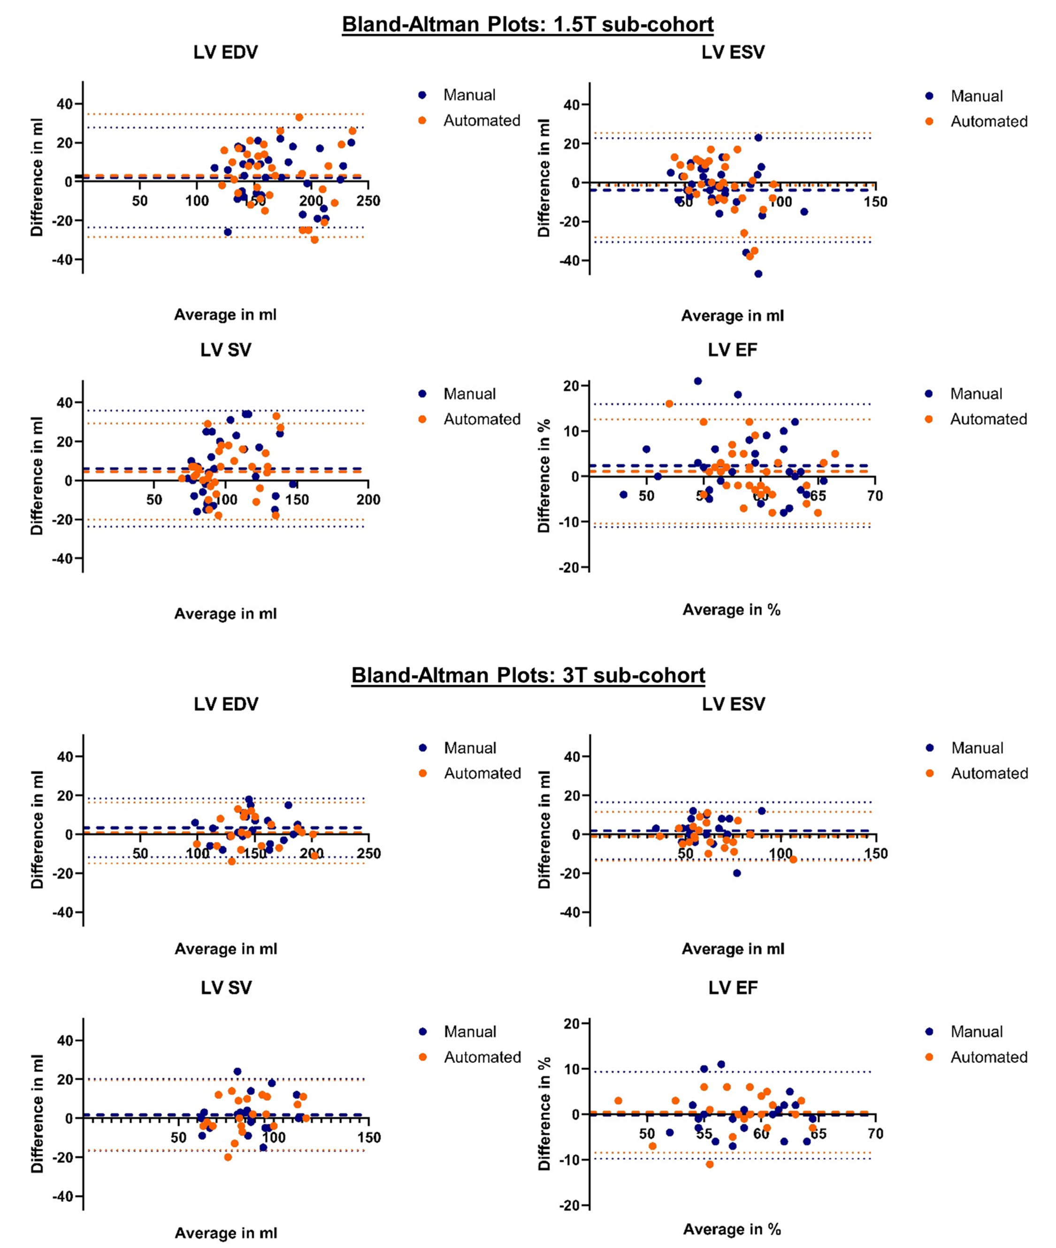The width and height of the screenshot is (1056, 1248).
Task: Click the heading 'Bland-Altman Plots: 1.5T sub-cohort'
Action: [x=528, y=24]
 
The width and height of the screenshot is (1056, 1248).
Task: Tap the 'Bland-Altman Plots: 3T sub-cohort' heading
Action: [x=528, y=675]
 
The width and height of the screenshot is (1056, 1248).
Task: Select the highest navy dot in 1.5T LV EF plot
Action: [x=697, y=381]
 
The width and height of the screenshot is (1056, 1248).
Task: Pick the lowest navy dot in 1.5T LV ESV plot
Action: [x=758, y=274]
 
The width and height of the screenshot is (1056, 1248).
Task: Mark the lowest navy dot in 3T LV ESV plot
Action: [x=737, y=873]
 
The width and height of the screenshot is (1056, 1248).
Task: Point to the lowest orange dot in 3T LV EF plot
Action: [x=709, y=1164]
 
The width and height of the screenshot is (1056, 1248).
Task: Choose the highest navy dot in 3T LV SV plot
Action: [x=237, y=1071]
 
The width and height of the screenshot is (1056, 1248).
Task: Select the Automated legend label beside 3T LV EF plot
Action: [x=989, y=1057]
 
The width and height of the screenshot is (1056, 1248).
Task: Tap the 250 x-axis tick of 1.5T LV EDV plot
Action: [x=368, y=201]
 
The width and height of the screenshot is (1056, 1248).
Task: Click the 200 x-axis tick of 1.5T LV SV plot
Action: [x=368, y=500]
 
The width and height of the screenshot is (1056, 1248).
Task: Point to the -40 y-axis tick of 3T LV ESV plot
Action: [x=572, y=913]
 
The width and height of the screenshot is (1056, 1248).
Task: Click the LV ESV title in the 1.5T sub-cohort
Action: [x=733, y=52]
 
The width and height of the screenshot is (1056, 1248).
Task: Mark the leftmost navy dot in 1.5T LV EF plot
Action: [x=623, y=494]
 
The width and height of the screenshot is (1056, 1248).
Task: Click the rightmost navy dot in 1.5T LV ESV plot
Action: [x=804, y=211]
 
